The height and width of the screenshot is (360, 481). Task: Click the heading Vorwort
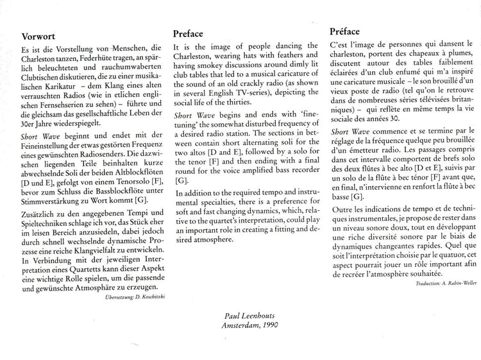[40, 37]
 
